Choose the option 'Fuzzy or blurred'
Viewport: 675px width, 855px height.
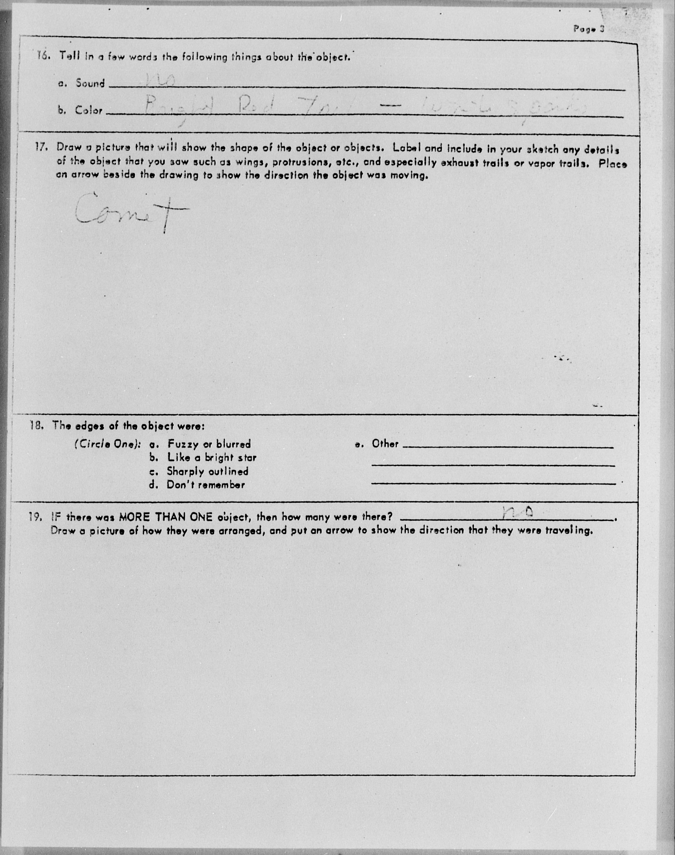click(209, 444)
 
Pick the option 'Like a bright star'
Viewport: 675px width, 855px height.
click(212, 458)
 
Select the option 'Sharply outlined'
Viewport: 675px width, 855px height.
click(207, 471)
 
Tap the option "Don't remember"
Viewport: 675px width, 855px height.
click(205, 485)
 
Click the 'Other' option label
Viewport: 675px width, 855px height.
click(385, 444)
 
